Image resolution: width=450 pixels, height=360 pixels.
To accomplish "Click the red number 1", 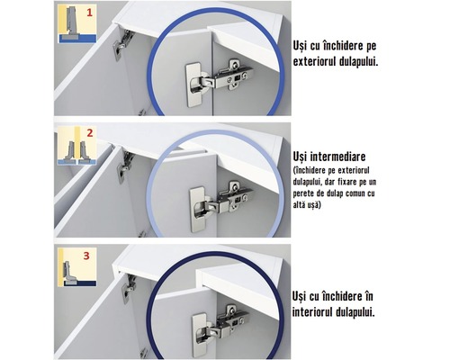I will pos(88,14).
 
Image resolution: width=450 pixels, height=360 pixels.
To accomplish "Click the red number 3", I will pos(87,255).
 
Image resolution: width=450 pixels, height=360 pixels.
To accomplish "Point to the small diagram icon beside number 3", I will pos(67,267).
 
